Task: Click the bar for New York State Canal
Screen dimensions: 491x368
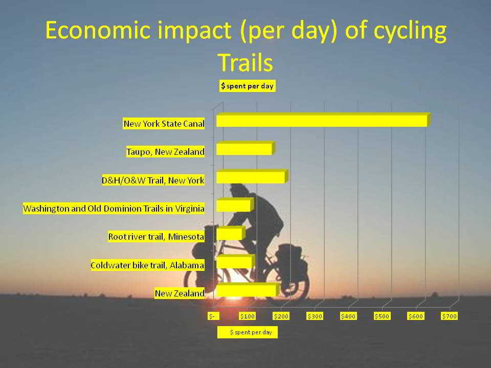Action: click(x=323, y=120)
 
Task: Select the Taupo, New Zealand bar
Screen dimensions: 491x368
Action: click(x=245, y=148)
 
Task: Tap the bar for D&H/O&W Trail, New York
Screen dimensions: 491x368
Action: click(x=252, y=176)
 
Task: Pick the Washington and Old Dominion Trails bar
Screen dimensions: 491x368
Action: click(x=235, y=204)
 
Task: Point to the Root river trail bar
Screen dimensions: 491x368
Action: click(x=231, y=233)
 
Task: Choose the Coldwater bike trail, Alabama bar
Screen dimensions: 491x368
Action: click(x=235, y=262)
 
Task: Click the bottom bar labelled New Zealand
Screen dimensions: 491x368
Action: click(x=248, y=290)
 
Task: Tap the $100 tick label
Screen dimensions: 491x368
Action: click(x=248, y=316)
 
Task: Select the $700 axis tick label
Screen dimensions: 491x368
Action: click(x=450, y=316)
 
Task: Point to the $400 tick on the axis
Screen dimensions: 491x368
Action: click(x=348, y=316)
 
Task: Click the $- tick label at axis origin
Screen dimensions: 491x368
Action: click(x=213, y=316)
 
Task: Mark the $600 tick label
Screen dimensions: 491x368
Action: click(x=415, y=316)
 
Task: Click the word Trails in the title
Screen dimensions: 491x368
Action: click(x=245, y=62)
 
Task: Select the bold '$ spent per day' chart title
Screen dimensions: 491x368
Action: click(x=248, y=86)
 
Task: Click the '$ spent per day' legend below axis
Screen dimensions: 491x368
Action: click(x=248, y=332)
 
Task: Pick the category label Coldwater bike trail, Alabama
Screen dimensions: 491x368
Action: click(x=147, y=265)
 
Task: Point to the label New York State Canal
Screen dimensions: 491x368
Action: click(x=164, y=124)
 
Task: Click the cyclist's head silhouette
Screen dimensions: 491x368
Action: click(x=239, y=190)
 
